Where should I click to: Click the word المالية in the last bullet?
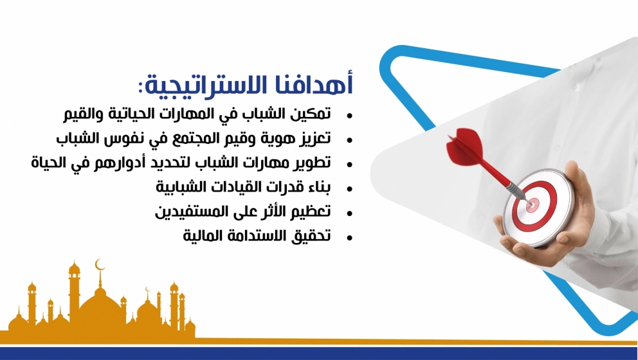click(x=197, y=235)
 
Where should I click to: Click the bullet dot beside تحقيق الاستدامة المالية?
click(x=349, y=239)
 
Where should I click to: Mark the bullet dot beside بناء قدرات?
click(x=349, y=189)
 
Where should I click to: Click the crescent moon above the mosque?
click(x=100, y=265)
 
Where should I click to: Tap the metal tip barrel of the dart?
click(x=516, y=190)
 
